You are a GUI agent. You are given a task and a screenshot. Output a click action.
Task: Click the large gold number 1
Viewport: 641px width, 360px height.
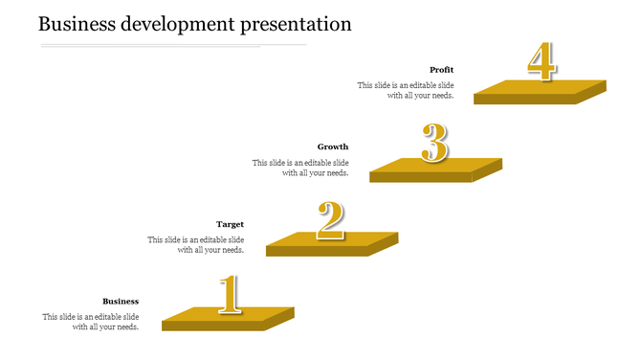tap(228, 295)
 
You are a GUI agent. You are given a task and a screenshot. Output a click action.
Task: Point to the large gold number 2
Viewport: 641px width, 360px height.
tap(330, 220)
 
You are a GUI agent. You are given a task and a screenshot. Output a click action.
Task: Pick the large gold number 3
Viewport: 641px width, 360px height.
tap(434, 145)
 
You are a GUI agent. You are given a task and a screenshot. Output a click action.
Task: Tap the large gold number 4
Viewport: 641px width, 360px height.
tap(541, 62)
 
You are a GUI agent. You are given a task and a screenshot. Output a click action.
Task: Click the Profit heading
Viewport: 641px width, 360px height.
tap(441, 70)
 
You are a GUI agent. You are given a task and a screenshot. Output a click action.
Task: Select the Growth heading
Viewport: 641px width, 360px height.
tap(333, 146)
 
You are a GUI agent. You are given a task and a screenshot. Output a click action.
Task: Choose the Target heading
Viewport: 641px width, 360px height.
tap(230, 224)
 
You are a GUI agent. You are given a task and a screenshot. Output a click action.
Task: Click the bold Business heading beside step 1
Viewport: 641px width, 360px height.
tap(121, 301)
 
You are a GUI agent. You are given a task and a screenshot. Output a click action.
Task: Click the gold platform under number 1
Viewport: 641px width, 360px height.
tap(228, 318)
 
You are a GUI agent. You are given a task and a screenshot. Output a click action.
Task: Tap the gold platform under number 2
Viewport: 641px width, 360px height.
tap(331, 242)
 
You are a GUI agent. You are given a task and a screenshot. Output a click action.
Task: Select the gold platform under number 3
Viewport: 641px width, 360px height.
tap(435, 168)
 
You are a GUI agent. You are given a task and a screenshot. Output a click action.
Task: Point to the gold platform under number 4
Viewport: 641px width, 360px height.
tap(540, 90)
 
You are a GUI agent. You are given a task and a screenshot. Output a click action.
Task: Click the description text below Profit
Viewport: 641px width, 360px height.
tap(406, 90)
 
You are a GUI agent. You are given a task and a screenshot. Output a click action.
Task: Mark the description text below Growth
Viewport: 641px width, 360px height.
tap(300, 168)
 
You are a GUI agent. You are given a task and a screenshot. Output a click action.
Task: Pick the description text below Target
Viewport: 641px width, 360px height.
tap(195, 245)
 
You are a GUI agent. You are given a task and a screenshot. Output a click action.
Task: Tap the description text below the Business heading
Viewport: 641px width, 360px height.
tap(91, 322)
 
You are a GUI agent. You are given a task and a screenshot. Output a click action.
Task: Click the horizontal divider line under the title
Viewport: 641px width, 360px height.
tap(172, 45)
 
